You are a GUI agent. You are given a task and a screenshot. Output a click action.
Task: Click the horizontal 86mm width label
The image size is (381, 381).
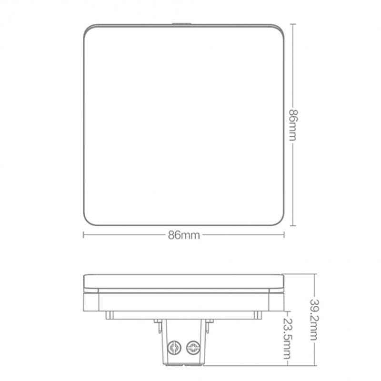pos(184,235)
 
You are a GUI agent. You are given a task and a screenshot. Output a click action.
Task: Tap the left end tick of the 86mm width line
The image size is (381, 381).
pos(84,234)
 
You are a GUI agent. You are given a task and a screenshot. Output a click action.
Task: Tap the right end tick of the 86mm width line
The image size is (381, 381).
pos(284,234)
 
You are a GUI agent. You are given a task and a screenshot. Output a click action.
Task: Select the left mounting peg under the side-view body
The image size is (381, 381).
pos(109,315)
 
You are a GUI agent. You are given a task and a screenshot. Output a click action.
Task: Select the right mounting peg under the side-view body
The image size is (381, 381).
pos(258,315)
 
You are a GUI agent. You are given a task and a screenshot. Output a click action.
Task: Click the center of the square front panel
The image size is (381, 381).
pos(184,125)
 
